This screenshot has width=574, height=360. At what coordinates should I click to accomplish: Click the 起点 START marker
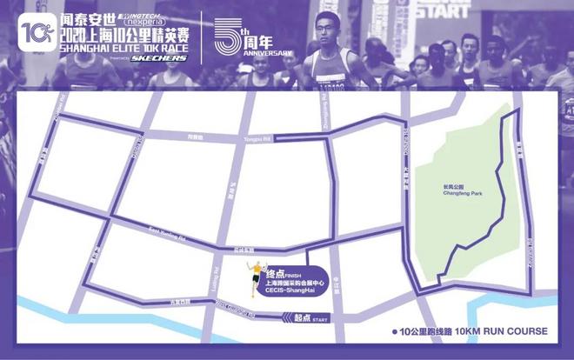coord(305,321)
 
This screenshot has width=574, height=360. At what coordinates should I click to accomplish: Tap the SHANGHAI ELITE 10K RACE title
coord(126,48)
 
